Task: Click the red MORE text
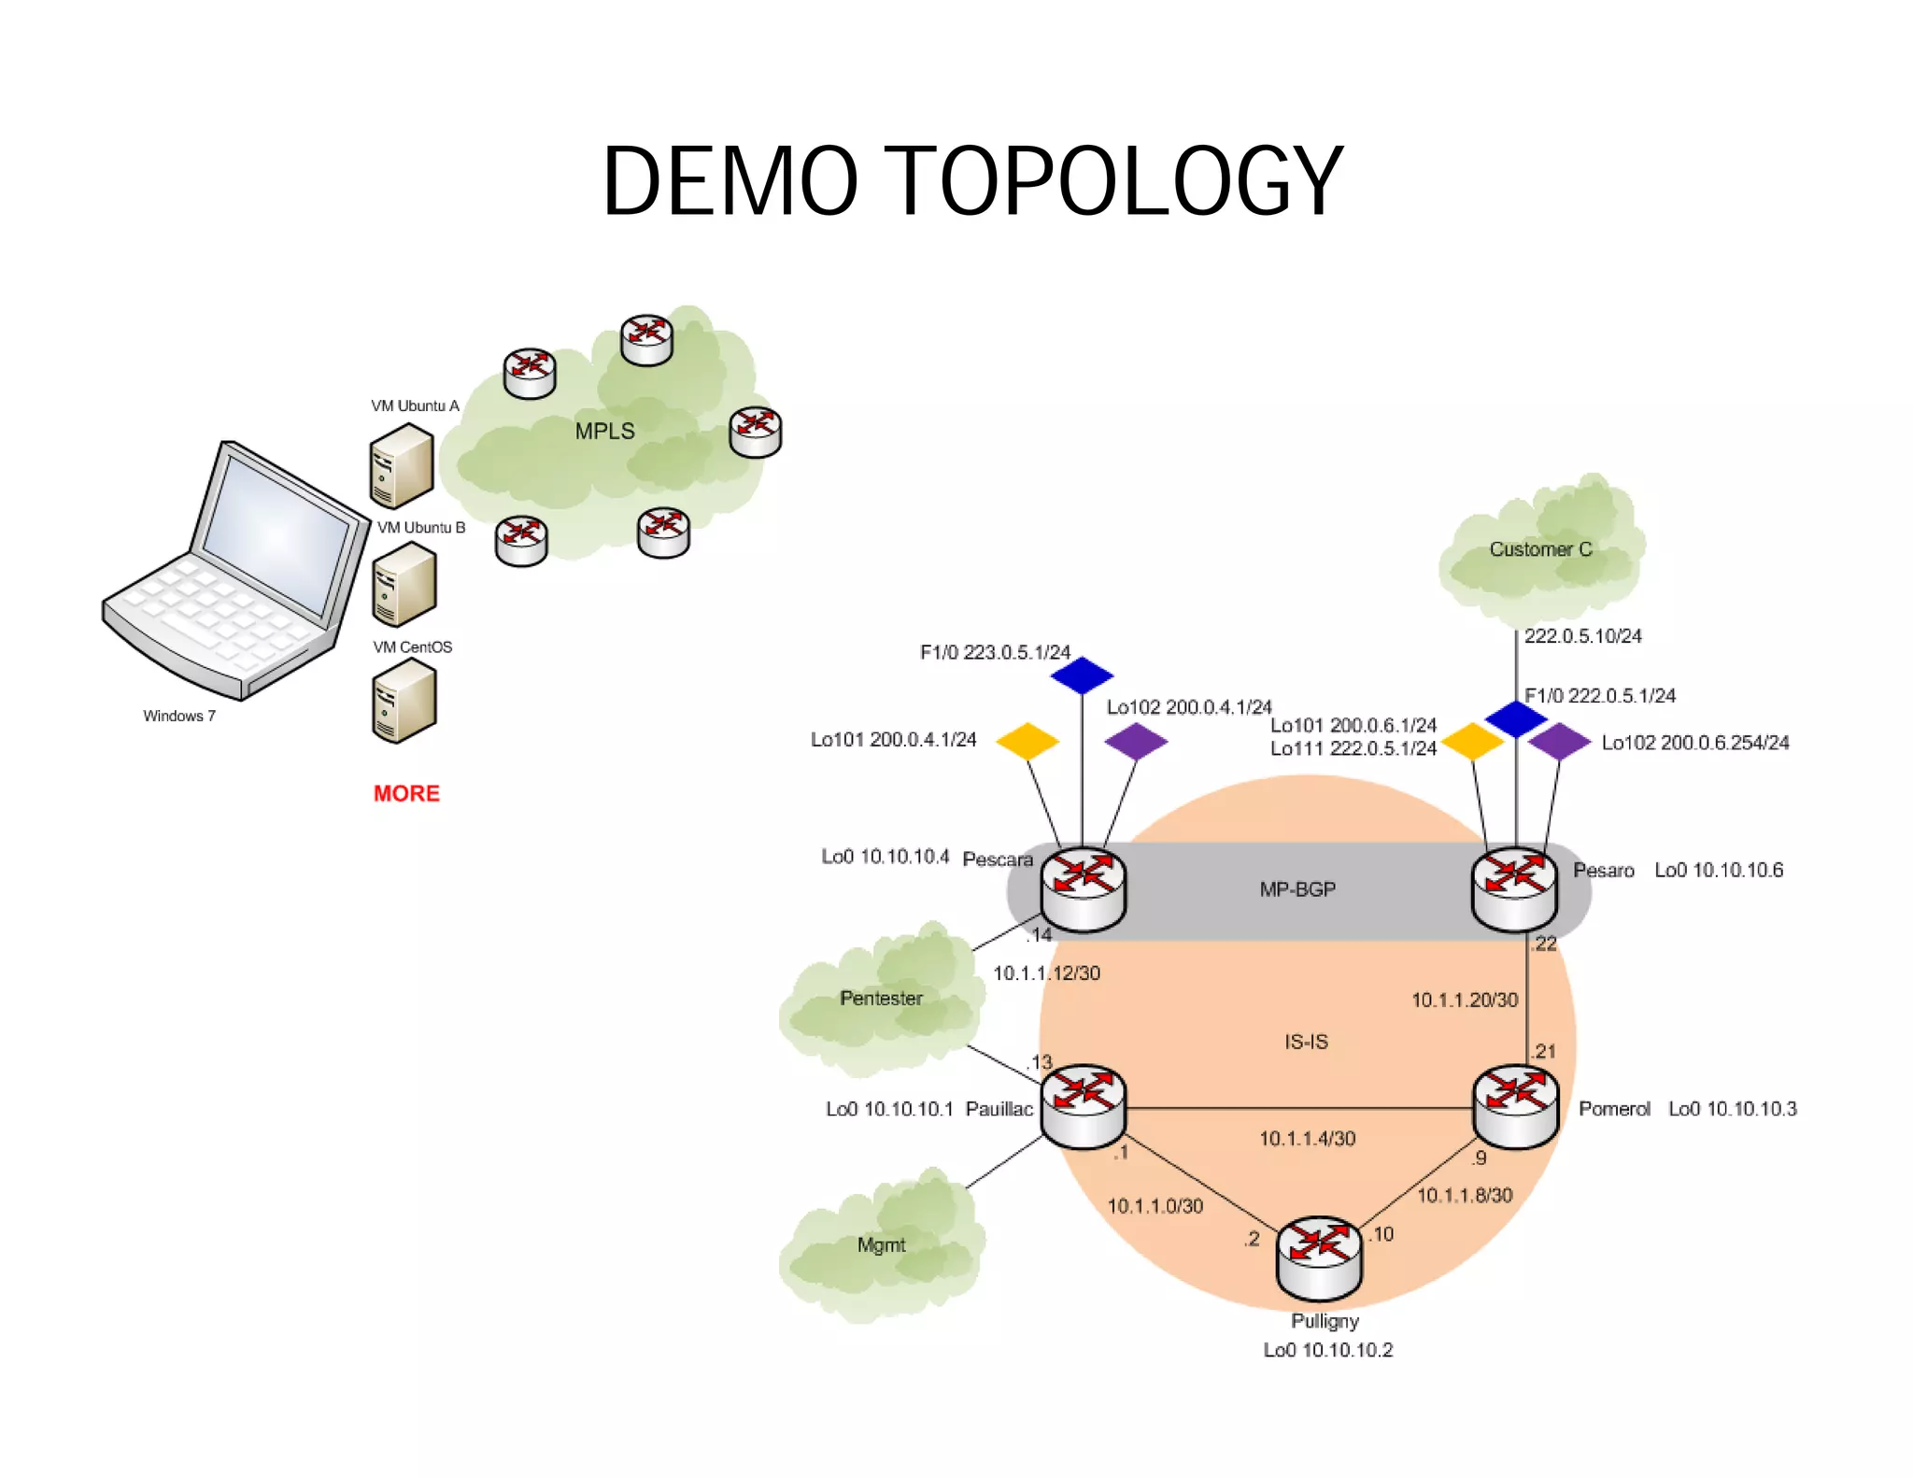coord(406,793)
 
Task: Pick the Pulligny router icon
coord(1319,1258)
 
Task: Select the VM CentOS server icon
coord(404,701)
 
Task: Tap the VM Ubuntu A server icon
coord(401,465)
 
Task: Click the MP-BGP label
coord(1297,889)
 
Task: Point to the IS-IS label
coord(1306,1042)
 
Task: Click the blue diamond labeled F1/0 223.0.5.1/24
coord(1082,675)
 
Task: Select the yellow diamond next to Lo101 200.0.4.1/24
coord(1027,741)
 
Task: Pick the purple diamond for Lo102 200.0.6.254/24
coord(1559,741)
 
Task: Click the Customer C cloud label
coord(1540,549)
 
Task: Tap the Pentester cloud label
coord(881,999)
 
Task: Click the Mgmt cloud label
coord(881,1245)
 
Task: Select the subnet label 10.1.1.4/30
coord(1307,1138)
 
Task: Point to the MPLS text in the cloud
coord(604,432)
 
